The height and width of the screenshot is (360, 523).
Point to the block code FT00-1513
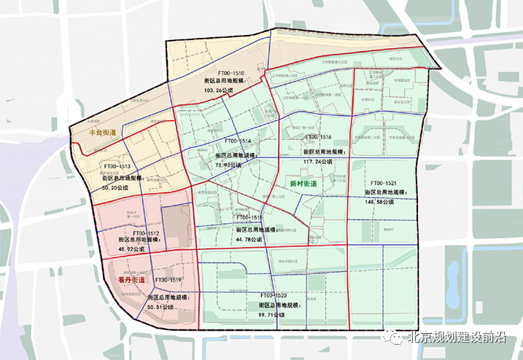(x=115, y=167)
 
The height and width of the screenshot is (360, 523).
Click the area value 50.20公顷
(x=114, y=187)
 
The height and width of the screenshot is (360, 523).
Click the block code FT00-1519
(x=168, y=280)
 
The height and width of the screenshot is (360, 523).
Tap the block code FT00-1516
(x=318, y=137)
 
